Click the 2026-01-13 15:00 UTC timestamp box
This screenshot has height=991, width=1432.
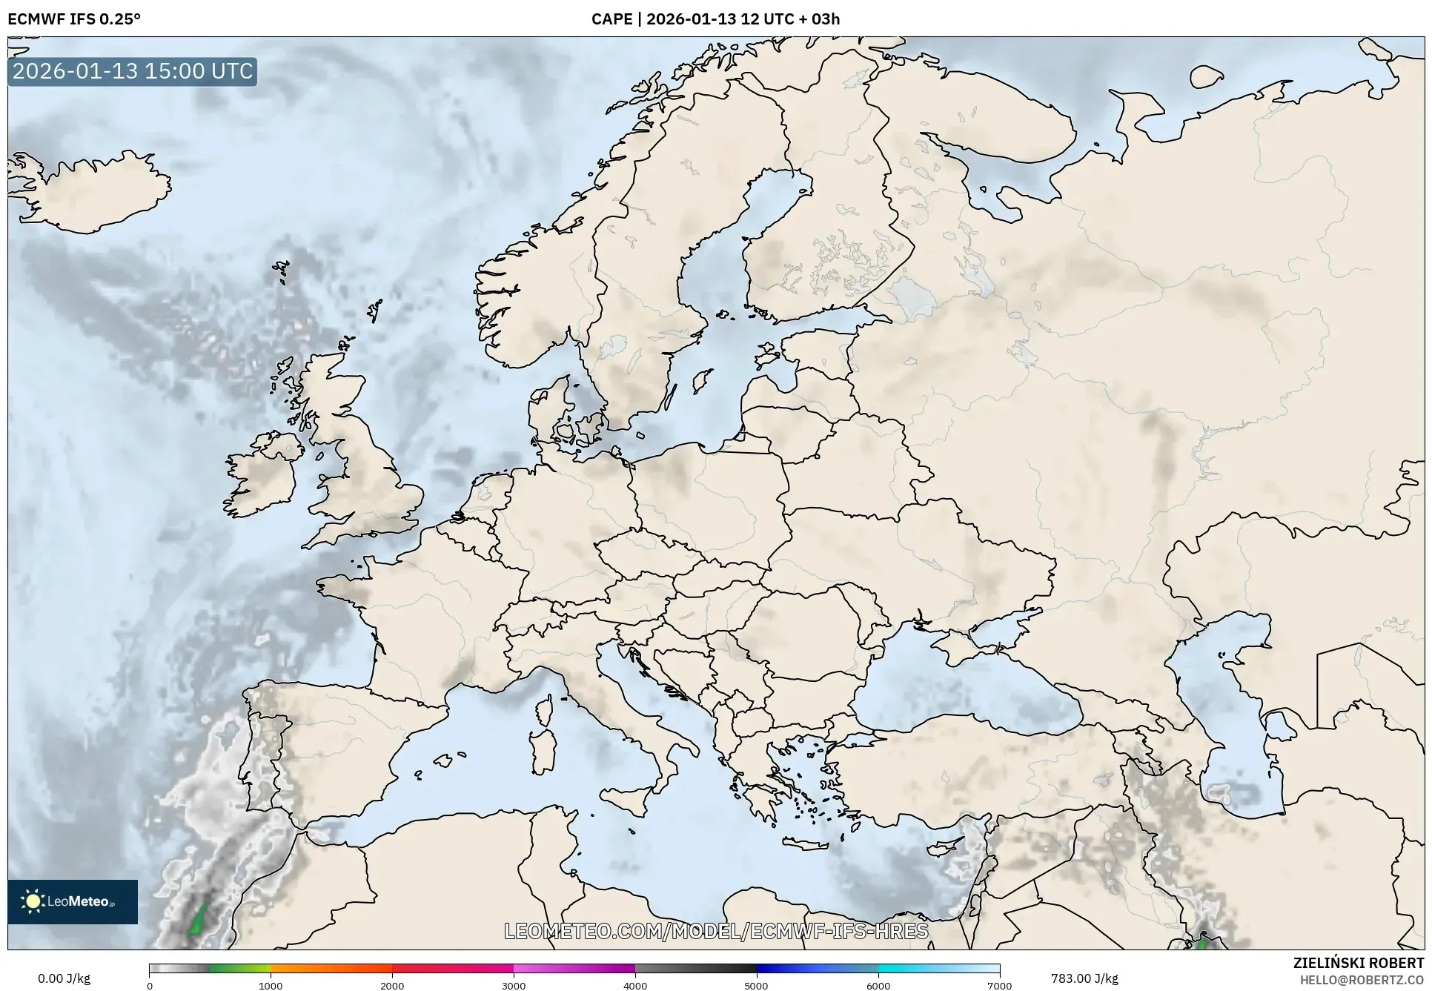coord(133,71)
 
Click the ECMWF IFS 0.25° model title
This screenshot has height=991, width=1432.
coord(74,19)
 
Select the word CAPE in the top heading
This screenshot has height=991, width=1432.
coord(611,19)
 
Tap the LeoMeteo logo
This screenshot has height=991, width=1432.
coord(73,901)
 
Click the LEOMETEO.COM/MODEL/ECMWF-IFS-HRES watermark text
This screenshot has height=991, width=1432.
coord(716,931)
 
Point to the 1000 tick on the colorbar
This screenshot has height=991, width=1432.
coord(271,985)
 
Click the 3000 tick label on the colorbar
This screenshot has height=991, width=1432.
coord(514,985)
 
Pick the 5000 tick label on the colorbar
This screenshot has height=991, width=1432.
coord(756,985)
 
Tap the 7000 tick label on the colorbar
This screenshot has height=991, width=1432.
coord(999,985)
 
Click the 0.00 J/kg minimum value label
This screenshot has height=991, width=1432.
coord(64,978)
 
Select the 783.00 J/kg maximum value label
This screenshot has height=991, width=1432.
coord(1084,978)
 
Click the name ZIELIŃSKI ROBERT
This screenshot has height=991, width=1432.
coord(1359,963)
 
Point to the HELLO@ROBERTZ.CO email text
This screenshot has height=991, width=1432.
coord(1362,980)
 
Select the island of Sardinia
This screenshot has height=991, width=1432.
coord(543,750)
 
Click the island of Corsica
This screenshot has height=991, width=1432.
coord(544,709)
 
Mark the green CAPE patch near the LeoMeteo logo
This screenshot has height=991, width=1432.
coord(198,921)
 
